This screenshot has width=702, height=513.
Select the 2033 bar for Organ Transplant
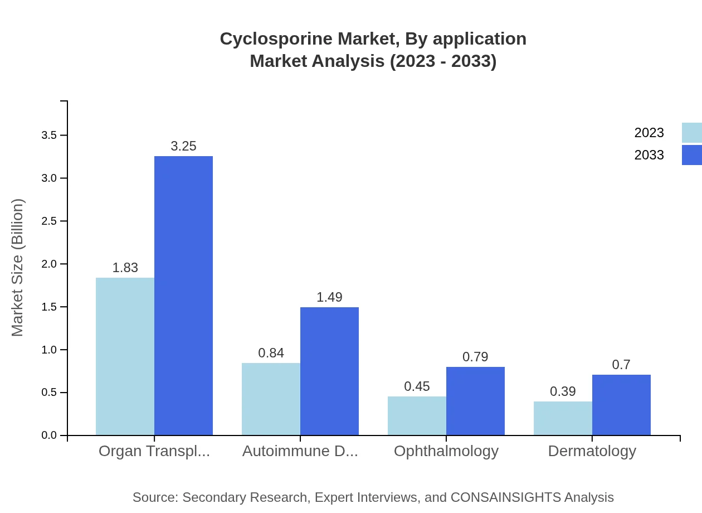[x=183, y=296]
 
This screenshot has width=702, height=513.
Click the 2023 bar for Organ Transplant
[x=125, y=356]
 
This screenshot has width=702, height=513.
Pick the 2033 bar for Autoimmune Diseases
[x=329, y=371]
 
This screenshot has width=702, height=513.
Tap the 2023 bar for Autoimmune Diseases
[x=271, y=399]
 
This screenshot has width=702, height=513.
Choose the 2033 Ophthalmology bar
[x=475, y=401]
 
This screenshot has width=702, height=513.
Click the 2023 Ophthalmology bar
[x=417, y=415]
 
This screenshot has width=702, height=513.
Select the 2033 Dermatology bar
[x=621, y=405]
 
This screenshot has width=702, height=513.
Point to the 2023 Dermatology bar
[x=563, y=418]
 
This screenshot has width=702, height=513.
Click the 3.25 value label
[x=183, y=146]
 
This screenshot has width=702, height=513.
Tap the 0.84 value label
[x=271, y=353]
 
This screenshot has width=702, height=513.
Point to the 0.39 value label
[x=563, y=391]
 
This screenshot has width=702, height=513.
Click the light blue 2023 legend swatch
[x=691, y=133]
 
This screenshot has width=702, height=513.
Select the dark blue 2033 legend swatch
[x=691, y=155]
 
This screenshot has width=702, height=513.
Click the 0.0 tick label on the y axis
[x=49, y=435]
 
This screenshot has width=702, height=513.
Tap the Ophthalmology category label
[x=446, y=451]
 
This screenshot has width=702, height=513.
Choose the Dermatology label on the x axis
[x=592, y=451]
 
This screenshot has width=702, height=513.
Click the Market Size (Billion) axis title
[x=18, y=268]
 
